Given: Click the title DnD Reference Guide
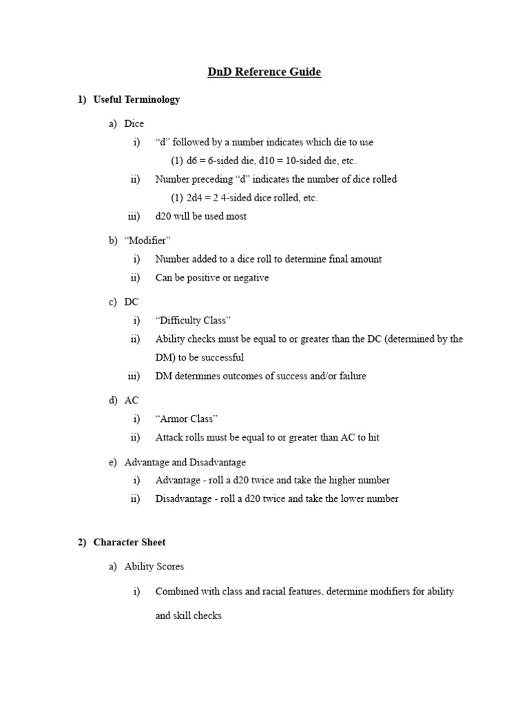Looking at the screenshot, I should tap(264, 72).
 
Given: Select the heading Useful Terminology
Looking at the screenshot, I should tap(136, 99).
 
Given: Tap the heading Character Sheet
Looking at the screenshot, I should tap(129, 543).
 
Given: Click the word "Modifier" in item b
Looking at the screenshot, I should tap(147, 240).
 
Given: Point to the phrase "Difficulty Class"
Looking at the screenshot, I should tap(193, 321).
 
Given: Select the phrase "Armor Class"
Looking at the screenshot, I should tap(187, 418).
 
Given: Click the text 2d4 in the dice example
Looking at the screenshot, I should tap(196, 198).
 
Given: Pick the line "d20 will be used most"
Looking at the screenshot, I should tap(201, 216).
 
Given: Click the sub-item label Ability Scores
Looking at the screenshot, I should tap(154, 567).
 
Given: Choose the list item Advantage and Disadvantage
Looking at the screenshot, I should tap(185, 462).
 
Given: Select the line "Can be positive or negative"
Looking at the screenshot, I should tap(212, 278).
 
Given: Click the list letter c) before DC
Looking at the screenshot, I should tap(113, 302).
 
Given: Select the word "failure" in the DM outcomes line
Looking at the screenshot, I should tap(350, 376).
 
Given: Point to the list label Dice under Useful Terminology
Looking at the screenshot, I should tap(134, 124).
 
